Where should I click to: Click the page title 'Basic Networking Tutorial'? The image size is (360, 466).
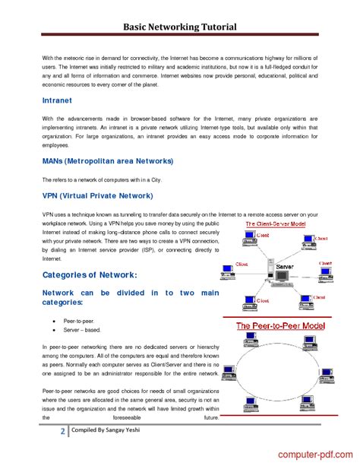point(180,27)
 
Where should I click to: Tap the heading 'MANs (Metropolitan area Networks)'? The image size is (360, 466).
point(108,161)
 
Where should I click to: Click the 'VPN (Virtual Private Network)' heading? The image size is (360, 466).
point(97,195)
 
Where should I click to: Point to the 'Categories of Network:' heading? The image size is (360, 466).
point(90,274)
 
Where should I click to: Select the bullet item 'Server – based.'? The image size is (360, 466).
point(82,330)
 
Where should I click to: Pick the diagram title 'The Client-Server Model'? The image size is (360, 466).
point(275,224)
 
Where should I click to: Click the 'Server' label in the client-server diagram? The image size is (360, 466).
point(285,268)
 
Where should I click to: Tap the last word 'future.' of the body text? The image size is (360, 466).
point(211,417)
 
